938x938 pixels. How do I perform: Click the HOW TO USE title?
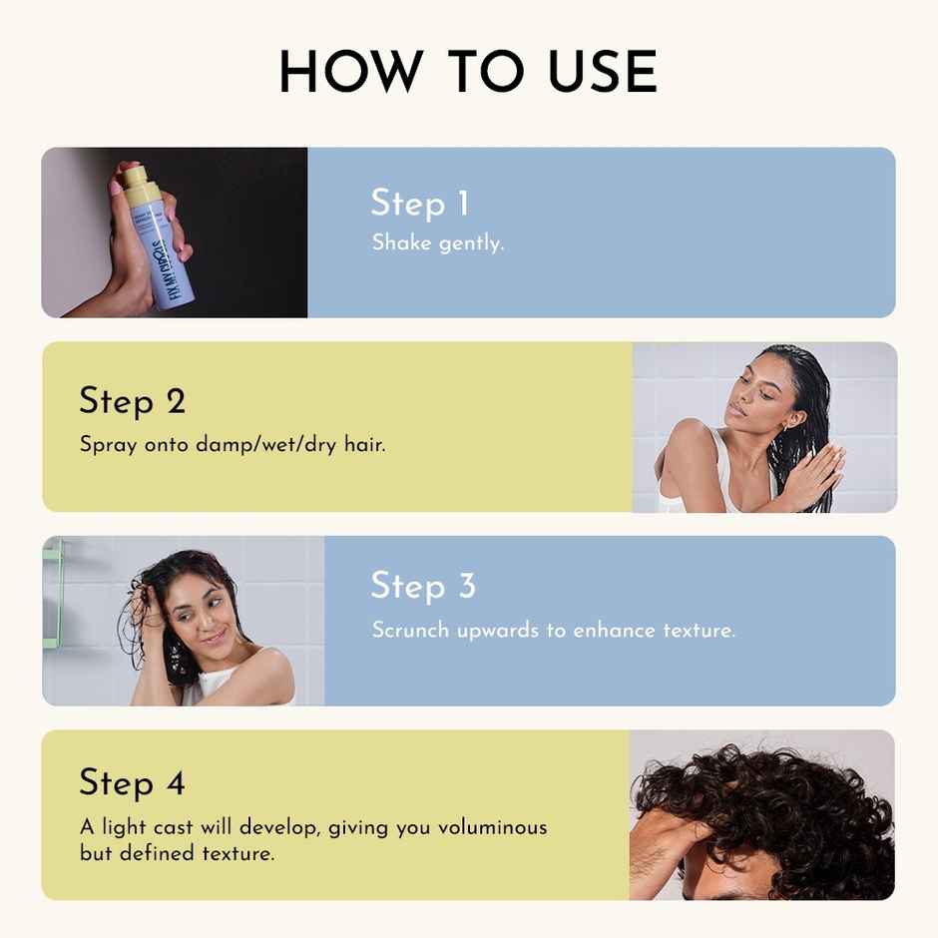(x=468, y=73)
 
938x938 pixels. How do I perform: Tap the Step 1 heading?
(x=419, y=203)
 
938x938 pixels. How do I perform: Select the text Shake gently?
(x=438, y=242)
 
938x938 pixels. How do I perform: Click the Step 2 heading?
(x=133, y=401)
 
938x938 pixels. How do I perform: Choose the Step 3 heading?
(x=423, y=586)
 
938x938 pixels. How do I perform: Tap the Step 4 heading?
(x=133, y=782)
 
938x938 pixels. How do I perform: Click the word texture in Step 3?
(x=699, y=631)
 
